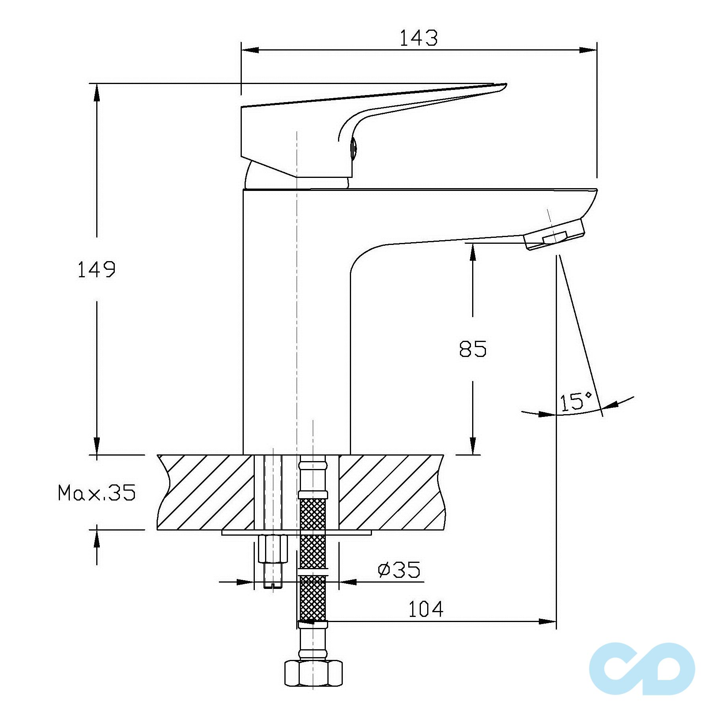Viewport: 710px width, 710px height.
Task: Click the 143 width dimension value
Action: pyautogui.click(x=419, y=38)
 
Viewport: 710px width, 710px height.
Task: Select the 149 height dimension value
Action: pyautogui.click(x=96, y=270)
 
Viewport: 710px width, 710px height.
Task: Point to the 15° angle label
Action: pyautogui.click(x=576, y=401)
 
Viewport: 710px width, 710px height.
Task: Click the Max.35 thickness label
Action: pyautogui.click(x=97, y=493)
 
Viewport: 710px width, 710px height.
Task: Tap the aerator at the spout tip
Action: pyautogui.click(x=555, y=234)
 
